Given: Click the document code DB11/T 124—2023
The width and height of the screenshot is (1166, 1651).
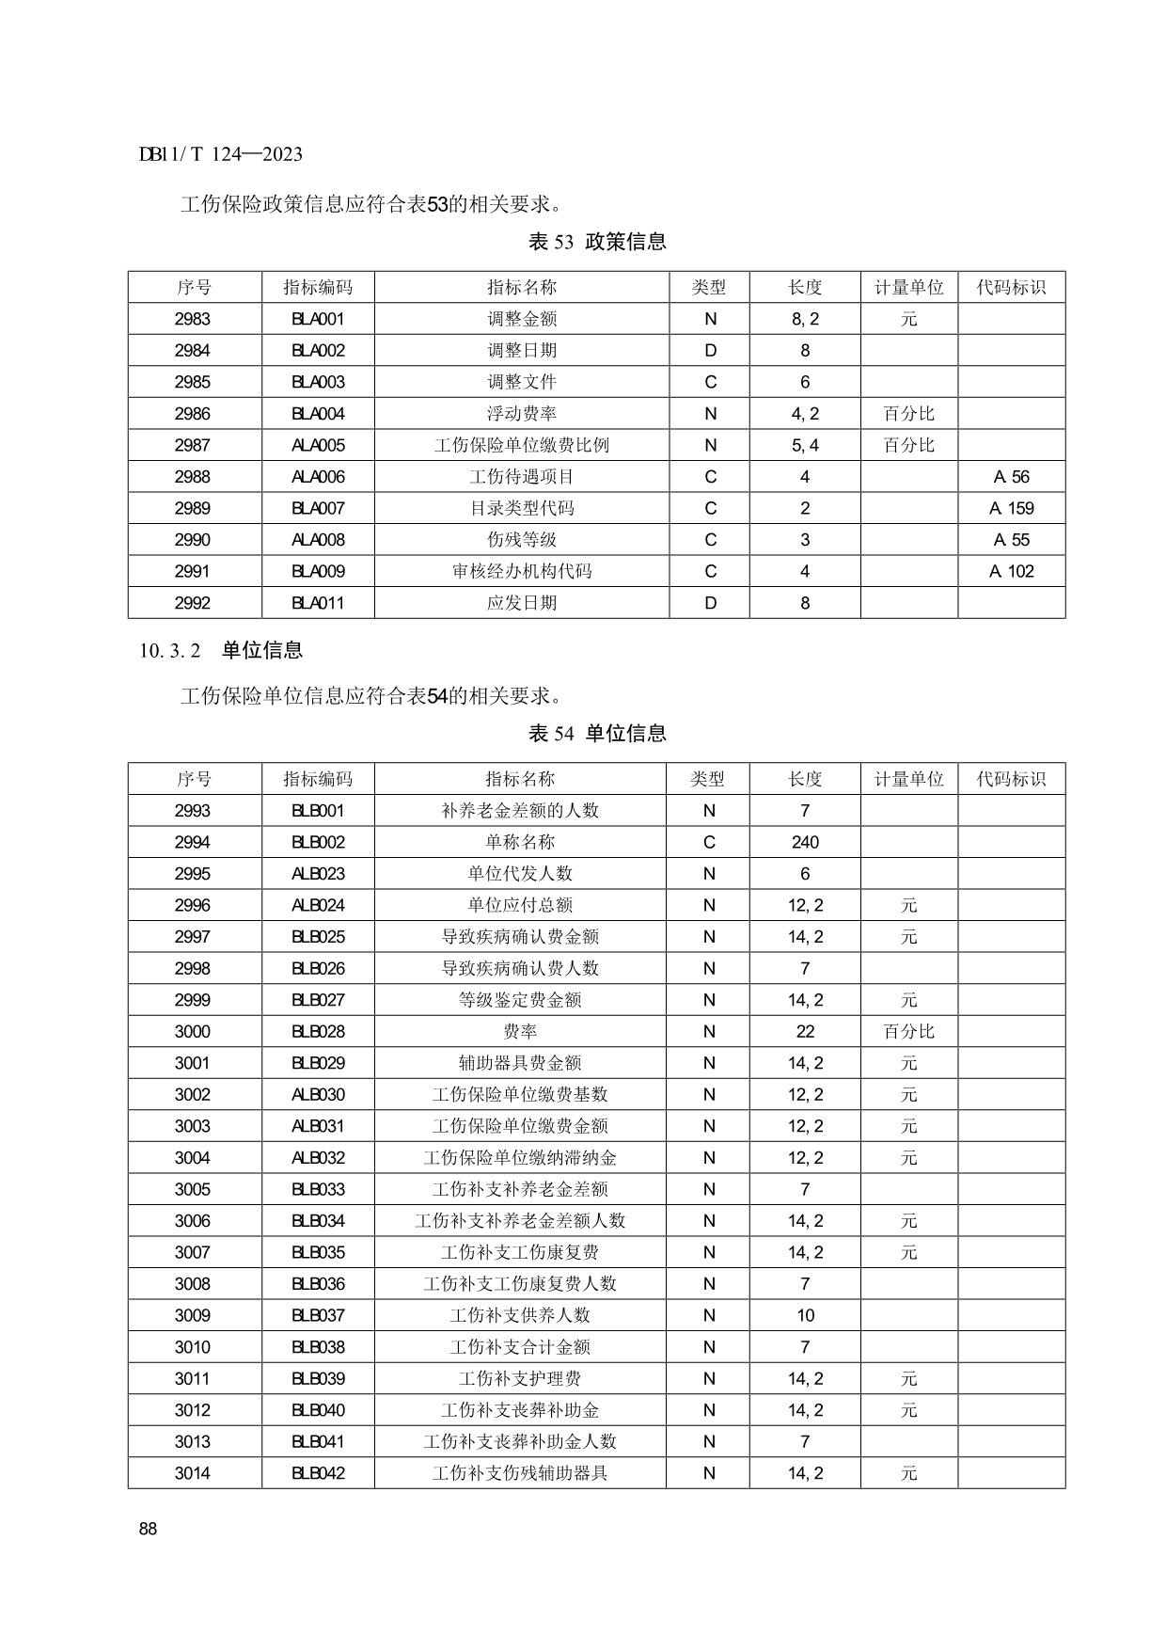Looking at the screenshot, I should [220, 154].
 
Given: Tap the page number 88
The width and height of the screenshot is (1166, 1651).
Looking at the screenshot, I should [148, 1529].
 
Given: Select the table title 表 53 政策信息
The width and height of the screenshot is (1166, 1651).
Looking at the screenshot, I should [597, 242].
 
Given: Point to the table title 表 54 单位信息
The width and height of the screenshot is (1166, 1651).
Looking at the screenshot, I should [597, 734].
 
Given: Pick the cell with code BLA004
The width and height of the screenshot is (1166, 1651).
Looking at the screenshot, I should [318, 414].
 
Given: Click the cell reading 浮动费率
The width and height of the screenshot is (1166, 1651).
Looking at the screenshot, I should [521, 414].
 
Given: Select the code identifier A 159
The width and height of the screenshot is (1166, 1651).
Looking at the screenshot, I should [1011, 509].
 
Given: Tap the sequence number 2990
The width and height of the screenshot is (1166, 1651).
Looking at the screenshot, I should [193, 540].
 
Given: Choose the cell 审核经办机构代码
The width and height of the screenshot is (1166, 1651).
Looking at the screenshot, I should [521, 572].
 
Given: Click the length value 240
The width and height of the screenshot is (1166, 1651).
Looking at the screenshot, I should [805, 842].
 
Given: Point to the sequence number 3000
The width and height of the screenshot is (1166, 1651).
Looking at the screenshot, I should [193, 1032].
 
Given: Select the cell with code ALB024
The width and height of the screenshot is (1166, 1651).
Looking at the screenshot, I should [318, 905].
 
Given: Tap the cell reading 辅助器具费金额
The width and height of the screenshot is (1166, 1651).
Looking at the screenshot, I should [520, 1063].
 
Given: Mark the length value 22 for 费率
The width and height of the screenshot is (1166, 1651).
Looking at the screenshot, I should [805, 1032].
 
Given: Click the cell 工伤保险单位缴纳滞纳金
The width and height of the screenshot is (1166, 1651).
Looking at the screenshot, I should [520, 1158].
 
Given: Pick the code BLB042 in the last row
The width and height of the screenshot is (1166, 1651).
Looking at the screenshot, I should [318, 1474].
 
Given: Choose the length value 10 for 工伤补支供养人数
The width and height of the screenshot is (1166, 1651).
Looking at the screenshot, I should [805, 1316].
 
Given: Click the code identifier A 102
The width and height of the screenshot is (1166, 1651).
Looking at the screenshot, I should [1011, 572].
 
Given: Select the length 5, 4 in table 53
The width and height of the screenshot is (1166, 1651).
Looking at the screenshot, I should [805, 446].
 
